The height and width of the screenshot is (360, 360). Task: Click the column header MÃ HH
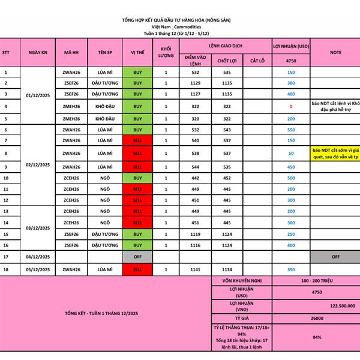(71, 52)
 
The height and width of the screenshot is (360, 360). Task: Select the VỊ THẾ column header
(137, 52)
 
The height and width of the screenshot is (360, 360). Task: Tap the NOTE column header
(335, 52)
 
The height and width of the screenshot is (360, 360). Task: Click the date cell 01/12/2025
(38, 95)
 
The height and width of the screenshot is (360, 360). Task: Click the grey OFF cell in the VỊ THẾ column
(137, 257)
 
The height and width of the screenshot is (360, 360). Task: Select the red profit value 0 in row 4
(291, 106)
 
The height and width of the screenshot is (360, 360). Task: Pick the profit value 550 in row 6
(291, 130)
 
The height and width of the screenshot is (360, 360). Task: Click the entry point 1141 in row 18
(195, 270)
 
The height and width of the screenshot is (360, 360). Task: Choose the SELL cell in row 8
(137, 153)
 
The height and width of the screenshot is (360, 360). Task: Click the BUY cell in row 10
(137, 178)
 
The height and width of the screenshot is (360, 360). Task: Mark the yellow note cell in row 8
(335, 153)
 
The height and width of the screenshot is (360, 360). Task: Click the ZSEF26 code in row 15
(71, 234)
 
